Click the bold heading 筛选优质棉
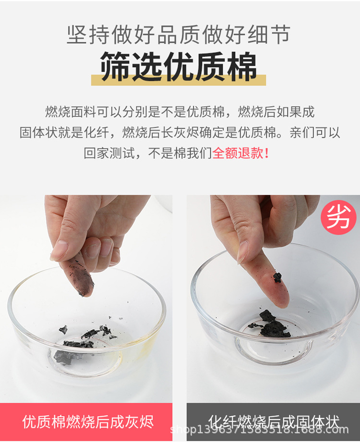[179, 67]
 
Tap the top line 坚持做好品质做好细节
[179, 35]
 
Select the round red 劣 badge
[338, 217]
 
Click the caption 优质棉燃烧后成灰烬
[88, 422]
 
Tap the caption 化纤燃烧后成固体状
[274, 421]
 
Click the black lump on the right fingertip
[277, 277]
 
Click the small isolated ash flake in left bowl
[63, 329]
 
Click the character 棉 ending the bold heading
[242, 67]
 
